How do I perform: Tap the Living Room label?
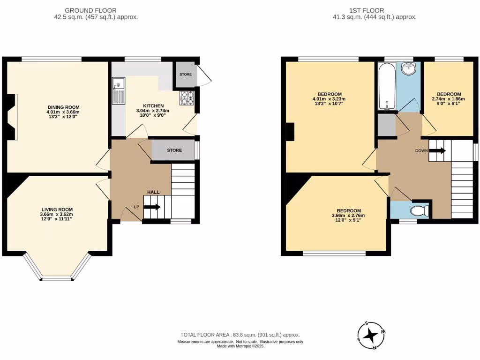57,210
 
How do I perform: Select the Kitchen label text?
153,106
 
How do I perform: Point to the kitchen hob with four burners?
187,98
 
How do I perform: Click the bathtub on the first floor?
386,87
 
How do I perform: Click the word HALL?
153,192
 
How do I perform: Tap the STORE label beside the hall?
174,150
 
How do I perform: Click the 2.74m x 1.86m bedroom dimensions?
449,99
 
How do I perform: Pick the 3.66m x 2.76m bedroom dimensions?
348,215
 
